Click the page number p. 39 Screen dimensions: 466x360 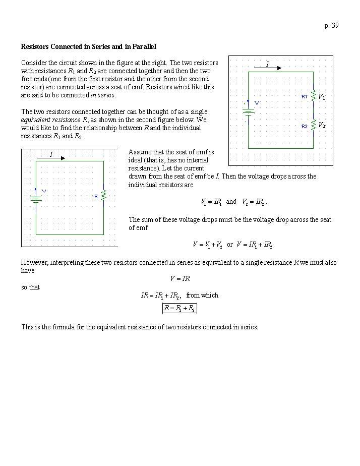(x=331, y=26)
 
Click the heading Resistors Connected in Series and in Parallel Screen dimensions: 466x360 (x=88, y=46)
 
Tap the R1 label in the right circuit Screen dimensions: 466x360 (x=305, y=96)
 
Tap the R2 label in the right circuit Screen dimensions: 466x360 (x=305, y=126)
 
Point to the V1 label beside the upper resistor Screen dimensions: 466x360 (x=322, y=97)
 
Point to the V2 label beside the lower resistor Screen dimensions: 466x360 (x=322, y=125)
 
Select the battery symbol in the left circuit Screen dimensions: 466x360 (x=36, y=198)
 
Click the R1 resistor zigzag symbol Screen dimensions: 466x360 (x=313, y=96)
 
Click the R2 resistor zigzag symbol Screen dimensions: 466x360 (x=313, y=125)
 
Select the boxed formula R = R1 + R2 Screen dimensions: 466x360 (x=179, y=308)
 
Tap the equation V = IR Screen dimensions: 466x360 (x=179, y=278)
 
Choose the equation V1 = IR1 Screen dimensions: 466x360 (x=211, y=202)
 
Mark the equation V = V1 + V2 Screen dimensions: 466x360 (x=208, y=245)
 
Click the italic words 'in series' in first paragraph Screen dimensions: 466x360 (x=103, y=95)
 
